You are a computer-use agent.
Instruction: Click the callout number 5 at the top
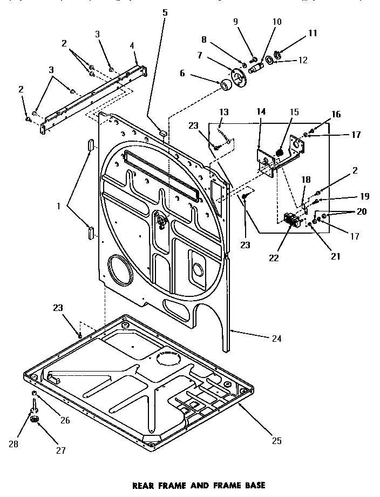[x=165, y=12]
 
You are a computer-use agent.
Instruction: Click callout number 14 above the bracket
[x=261, y=111]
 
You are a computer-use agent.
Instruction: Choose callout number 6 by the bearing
[x=182, y=73]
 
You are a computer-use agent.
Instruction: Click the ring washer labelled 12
[x=268, y=58]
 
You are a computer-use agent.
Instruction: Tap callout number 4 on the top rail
[x=131, y=46]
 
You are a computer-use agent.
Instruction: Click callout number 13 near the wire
[x=223, y=112]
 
